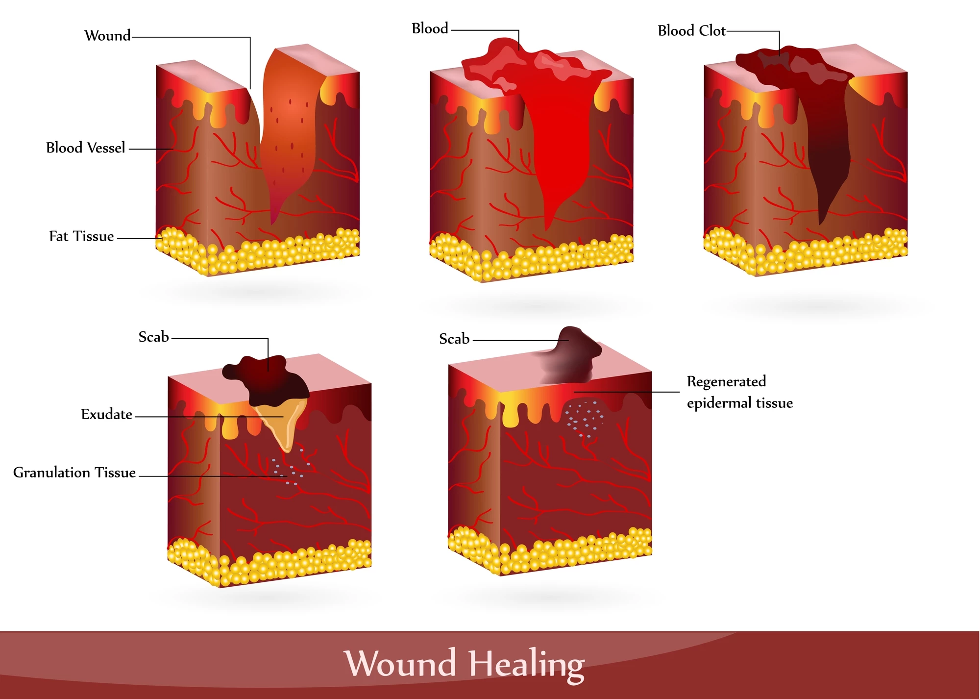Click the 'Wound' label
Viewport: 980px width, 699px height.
click(x=107, y=36)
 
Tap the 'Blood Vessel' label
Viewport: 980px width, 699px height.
click(x=85, y=148)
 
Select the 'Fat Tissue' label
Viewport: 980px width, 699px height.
click(x=81, y=236)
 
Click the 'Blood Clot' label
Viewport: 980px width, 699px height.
click(x=691, y=30)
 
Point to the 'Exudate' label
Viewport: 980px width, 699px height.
click(x=106, y=414)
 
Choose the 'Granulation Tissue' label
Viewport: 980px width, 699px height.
click(x=74, y=473)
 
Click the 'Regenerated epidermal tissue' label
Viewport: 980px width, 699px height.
click(x=739, y=392)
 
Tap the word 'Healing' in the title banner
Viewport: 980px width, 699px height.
click(x=526, y=664)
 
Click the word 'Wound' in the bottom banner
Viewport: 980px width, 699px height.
click(x=400, y=663)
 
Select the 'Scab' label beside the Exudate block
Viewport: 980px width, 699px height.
click(x=153, y=337)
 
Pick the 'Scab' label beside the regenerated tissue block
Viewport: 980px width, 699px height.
click(x=454, y=339)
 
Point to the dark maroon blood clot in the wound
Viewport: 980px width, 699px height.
click(x=813, y=123)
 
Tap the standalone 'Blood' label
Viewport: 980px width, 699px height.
click(x=430, y=28)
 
